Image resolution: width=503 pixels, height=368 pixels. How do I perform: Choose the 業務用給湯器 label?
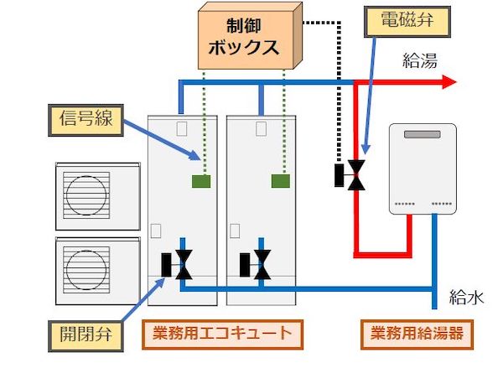click(x=415, y=334)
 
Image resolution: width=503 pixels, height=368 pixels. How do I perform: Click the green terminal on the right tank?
click(x=280, y=180)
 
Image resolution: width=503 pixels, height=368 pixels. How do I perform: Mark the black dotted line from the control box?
click(x=339, y=84)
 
